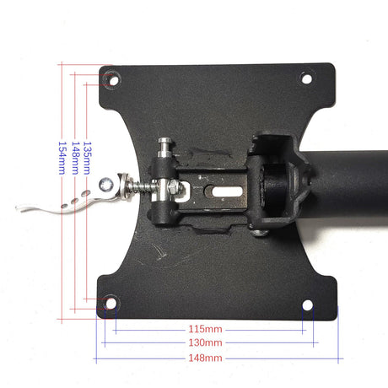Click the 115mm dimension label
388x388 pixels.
pos(205,329)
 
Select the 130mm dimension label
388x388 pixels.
pos(205,342)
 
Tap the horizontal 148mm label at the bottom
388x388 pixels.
pos(205,358)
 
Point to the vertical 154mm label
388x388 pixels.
pos(62,158)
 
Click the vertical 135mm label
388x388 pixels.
pos(88,158)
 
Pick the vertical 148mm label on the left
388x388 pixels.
pos(75,158)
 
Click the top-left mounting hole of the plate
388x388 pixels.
pos(114,81)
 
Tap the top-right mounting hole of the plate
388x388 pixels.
pos(307,78)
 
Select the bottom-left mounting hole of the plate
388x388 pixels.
pos(110,303)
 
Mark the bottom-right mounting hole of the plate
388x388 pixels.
pos(308,305)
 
